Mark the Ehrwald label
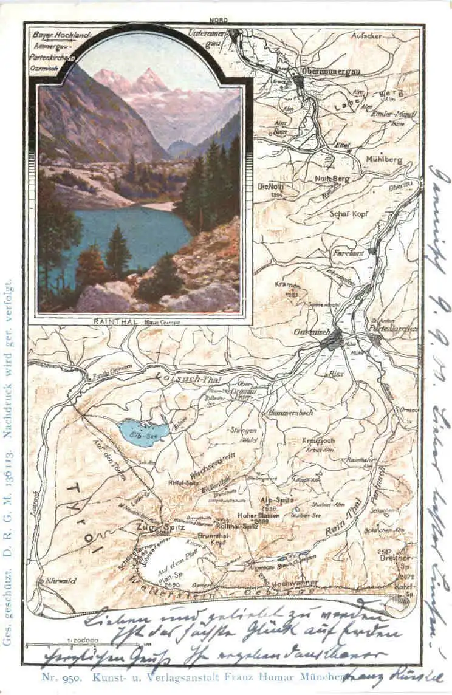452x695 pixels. (x=60, y=581)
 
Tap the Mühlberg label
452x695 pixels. (x=384, y=160)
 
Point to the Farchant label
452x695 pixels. (x=348, y=252)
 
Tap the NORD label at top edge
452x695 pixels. (x=219, y=20)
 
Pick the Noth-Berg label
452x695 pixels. (x=332, y=179)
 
